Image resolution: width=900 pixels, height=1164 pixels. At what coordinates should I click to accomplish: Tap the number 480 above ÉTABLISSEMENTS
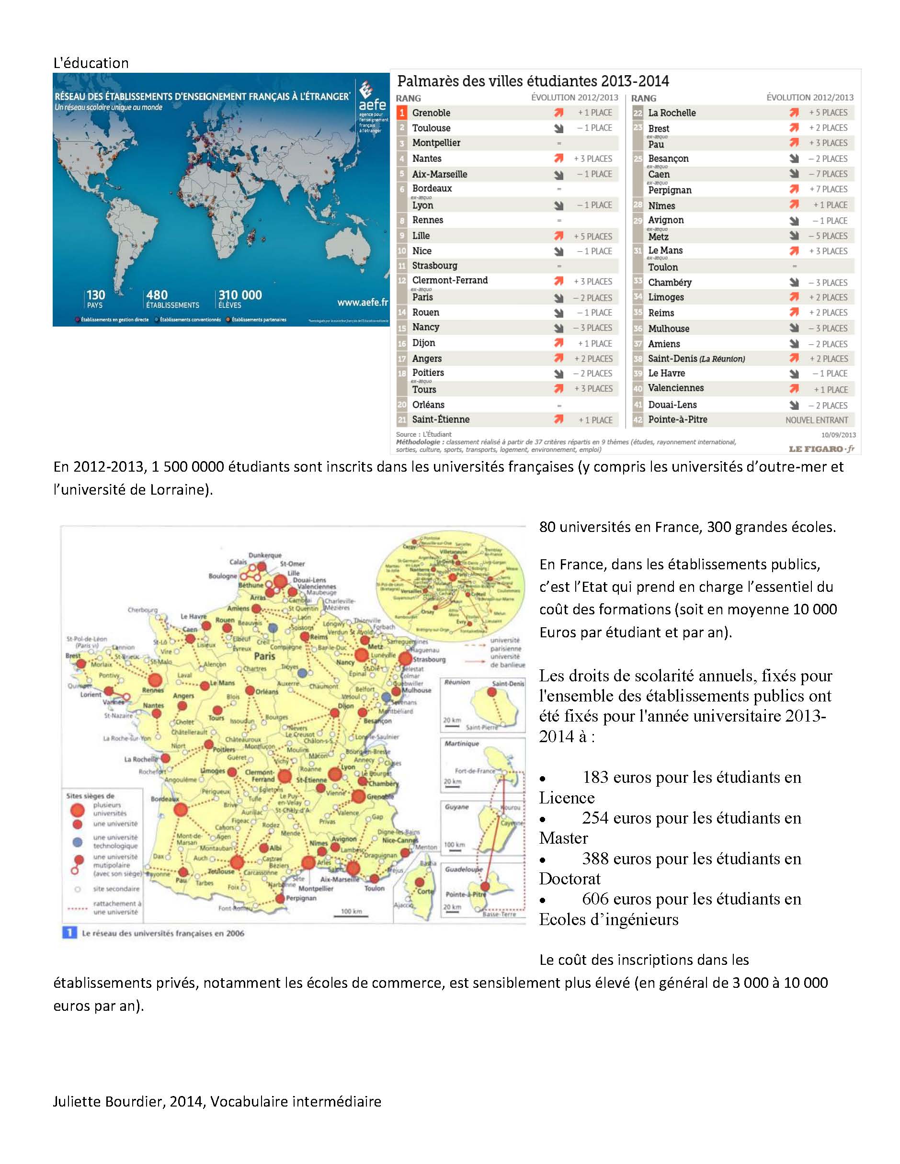point(157,295)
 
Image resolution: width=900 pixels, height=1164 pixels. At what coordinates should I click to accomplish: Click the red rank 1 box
point(402,113)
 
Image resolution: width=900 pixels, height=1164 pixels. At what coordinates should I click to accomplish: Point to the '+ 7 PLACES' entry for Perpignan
point(828,189)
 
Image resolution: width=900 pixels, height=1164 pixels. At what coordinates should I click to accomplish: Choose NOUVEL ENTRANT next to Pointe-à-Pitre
point(816,420)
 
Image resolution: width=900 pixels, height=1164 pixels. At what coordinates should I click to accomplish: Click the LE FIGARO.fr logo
point(821,449)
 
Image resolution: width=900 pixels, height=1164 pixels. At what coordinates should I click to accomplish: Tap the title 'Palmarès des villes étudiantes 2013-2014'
point(533,81)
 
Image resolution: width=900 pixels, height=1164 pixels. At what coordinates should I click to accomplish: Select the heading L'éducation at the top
point(91,63)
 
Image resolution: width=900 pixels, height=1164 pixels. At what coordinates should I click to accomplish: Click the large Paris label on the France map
point(264,656)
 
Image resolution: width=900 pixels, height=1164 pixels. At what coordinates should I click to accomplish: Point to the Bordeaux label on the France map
point(164,799)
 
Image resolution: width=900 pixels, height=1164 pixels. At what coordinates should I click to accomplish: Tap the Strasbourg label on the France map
point(429,659)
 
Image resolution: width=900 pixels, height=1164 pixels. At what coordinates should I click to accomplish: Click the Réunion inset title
point(457,682)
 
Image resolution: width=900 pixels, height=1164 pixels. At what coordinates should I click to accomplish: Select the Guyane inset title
point(456,807)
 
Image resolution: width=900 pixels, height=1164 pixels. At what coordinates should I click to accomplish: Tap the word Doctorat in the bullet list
point(570,879)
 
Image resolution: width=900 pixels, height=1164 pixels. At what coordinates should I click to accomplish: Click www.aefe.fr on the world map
point(362,302)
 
